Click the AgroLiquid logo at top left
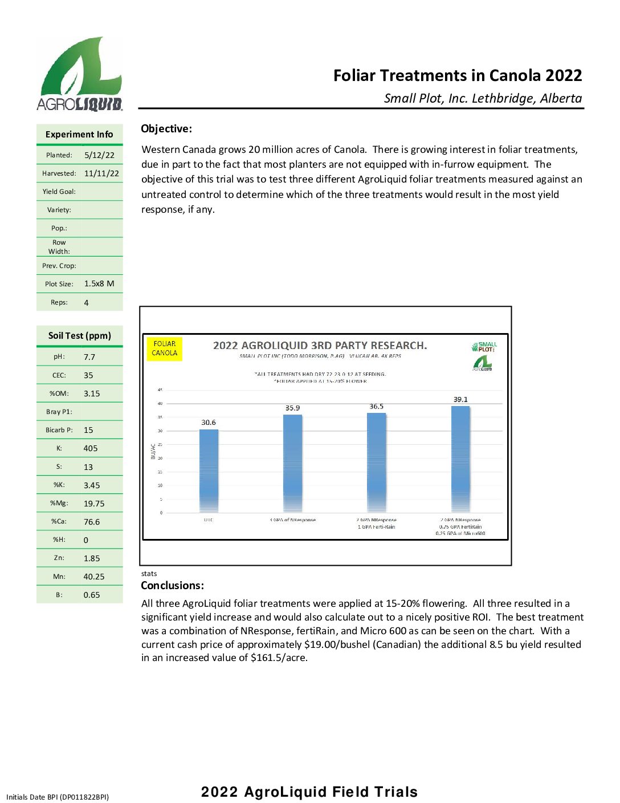click(80, 74)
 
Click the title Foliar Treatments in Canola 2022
click(457, 76)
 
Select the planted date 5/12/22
click(99, 155)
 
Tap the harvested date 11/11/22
click(101, 173)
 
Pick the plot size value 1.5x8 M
click(99, 283)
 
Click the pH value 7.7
click(89, 357)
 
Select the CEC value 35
click(88, 375)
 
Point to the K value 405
click(91, 448)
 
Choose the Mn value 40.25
click(93, 577)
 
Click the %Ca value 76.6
click(92, 522)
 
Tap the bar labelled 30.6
click(209, 471)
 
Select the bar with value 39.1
click(460, 459)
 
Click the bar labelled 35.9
click(292, 463)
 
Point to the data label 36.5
click(376, 407)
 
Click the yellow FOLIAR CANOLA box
click(165, 348)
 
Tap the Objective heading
click(166, 129)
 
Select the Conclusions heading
click(172, 586)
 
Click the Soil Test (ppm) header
click(80, 336)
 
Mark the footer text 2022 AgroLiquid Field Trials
click(309, 792)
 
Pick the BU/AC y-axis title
click(153, 451)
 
